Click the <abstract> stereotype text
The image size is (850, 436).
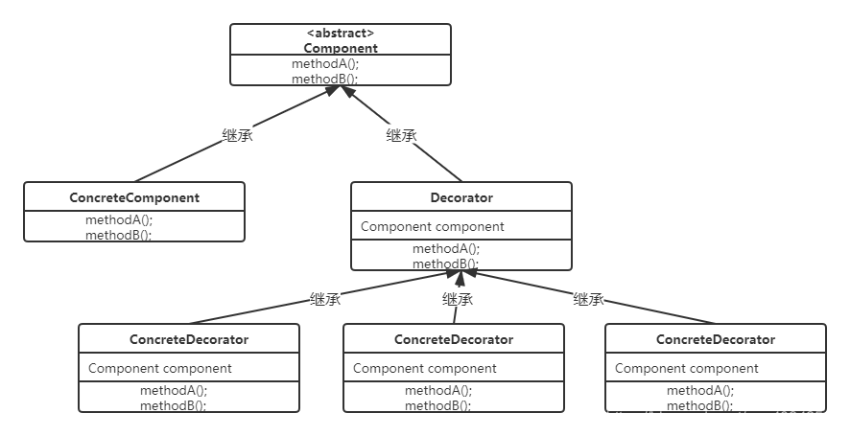coord(341,33)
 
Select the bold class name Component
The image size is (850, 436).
coord(341,48)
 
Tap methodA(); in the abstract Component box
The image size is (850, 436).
coord(325,64)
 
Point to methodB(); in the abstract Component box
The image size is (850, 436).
coord(325,80)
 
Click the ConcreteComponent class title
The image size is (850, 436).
coord(134,197)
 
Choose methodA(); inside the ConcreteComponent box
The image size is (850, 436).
coord(119,219)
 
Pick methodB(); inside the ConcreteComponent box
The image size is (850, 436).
coord(119,235)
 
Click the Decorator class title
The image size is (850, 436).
coord(461,197)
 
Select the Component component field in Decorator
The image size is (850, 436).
coord(433,226)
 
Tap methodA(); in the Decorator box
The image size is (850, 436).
coord(446,248)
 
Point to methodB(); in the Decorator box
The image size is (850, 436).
coord(446,264)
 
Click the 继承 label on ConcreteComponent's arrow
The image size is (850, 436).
coord(237,135)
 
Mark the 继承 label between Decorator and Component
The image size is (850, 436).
coord(402,135)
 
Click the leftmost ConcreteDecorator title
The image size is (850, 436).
coord(189,339)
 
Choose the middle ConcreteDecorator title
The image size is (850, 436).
coord(454,339)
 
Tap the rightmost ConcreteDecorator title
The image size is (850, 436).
coord(716,339)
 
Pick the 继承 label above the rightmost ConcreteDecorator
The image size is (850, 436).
coord(589,299)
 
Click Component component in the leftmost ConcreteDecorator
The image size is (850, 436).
coord(160,368)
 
